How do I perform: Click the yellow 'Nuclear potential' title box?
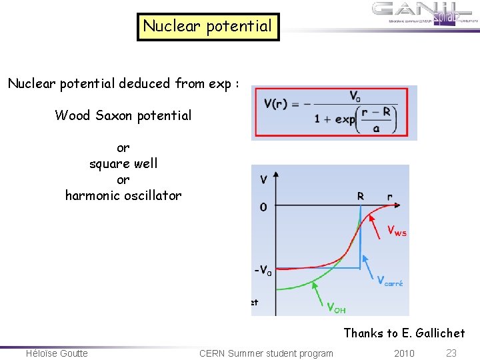pos(208,27)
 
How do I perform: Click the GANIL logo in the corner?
pos(425,14)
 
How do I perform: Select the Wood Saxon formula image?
pos(334,112)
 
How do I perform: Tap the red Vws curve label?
pos(397,231)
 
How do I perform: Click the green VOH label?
pos(335,307)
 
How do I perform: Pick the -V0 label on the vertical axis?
pos(263,271)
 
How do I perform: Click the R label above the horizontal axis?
pos(360,197)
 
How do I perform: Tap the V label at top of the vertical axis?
pos(264,179)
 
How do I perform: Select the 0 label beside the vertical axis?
pos(263,207)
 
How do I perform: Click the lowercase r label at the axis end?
pos(390,197)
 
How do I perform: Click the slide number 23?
pos(451,353)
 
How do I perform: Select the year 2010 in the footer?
pos(403,353)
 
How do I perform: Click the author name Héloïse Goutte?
pos(57,353)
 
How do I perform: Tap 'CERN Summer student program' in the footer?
pos(266,353)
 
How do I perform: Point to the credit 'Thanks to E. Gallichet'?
pos(404,333)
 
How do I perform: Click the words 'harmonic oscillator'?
pos(123,195)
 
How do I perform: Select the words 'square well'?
pos(123,163)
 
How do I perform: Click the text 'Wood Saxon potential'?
pos(123,115)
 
